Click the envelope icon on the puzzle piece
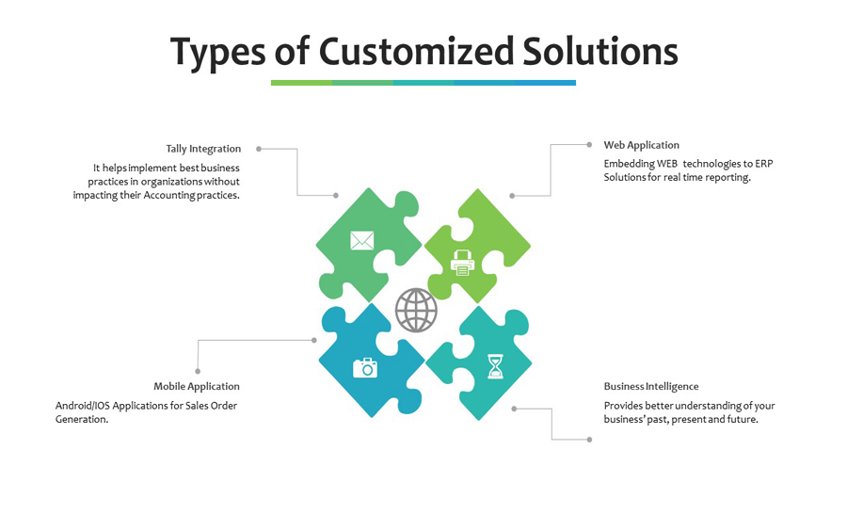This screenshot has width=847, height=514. pyautogui.click(x=362, y=240)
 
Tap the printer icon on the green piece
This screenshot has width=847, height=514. pyautogui.click(x=462, y=263)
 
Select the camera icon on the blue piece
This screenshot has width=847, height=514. pyautogui.click(x=365, y=368)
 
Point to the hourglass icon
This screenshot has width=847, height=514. pyautogui.click(x=495, y=366)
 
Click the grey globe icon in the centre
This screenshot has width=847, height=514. pyautogui.click(x=416, y=311)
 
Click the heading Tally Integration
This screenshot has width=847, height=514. pyautogui.click(x=203, y=149)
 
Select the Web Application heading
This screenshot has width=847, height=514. pyautogui.click(x=641, y=145)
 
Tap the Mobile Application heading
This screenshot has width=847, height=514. pyautogui.click(x=197, y=387)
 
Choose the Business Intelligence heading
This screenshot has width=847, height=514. pyautogui.click(x=651, y=387)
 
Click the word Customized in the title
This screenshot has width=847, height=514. pyautogui.click(x=416, y=52)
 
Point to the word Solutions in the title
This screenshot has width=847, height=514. pyautogui.click(x=600, y=52)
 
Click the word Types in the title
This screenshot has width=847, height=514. pyautogui.click(x=218, y=54)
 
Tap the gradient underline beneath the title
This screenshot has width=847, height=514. pyautogui.click(x=423, y=83)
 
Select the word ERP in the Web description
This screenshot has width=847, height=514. pyautogui.click(x=764, y=164)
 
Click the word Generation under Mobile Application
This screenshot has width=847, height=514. pyautogui.click(x=82, y=420)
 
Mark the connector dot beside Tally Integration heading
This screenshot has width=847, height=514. pyautogui.click(x=259, y=149)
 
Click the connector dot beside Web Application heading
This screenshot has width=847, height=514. pyautogui.click(x=589, y=145)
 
